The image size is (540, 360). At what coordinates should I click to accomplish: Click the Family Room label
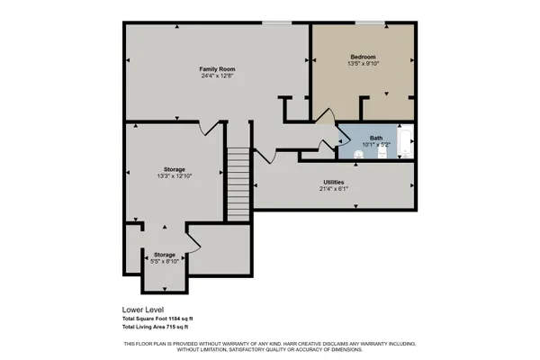(217, 68)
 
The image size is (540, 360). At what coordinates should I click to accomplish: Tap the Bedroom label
(364, 56)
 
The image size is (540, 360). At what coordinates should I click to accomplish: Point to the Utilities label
(335, 183)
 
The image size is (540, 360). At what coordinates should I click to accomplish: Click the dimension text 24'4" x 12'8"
(217, 76)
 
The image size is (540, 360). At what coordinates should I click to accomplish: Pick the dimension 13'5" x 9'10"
(364, 64)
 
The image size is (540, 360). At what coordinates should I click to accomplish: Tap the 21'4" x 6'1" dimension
(335, 190)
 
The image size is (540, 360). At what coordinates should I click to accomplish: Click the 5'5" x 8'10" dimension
(164, 262)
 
